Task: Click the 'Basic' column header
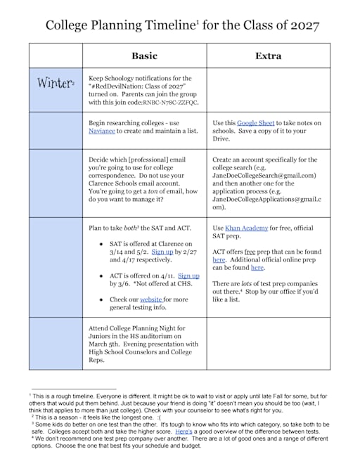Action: click(144, 55)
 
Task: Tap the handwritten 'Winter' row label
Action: click(54, 84)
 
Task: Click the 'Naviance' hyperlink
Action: click(103, 131)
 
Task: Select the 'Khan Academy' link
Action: click(245, 228)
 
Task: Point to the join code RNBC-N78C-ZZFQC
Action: click(170, 103)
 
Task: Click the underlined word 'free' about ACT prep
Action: click(250, 251)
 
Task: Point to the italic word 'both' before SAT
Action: click(140, 228)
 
